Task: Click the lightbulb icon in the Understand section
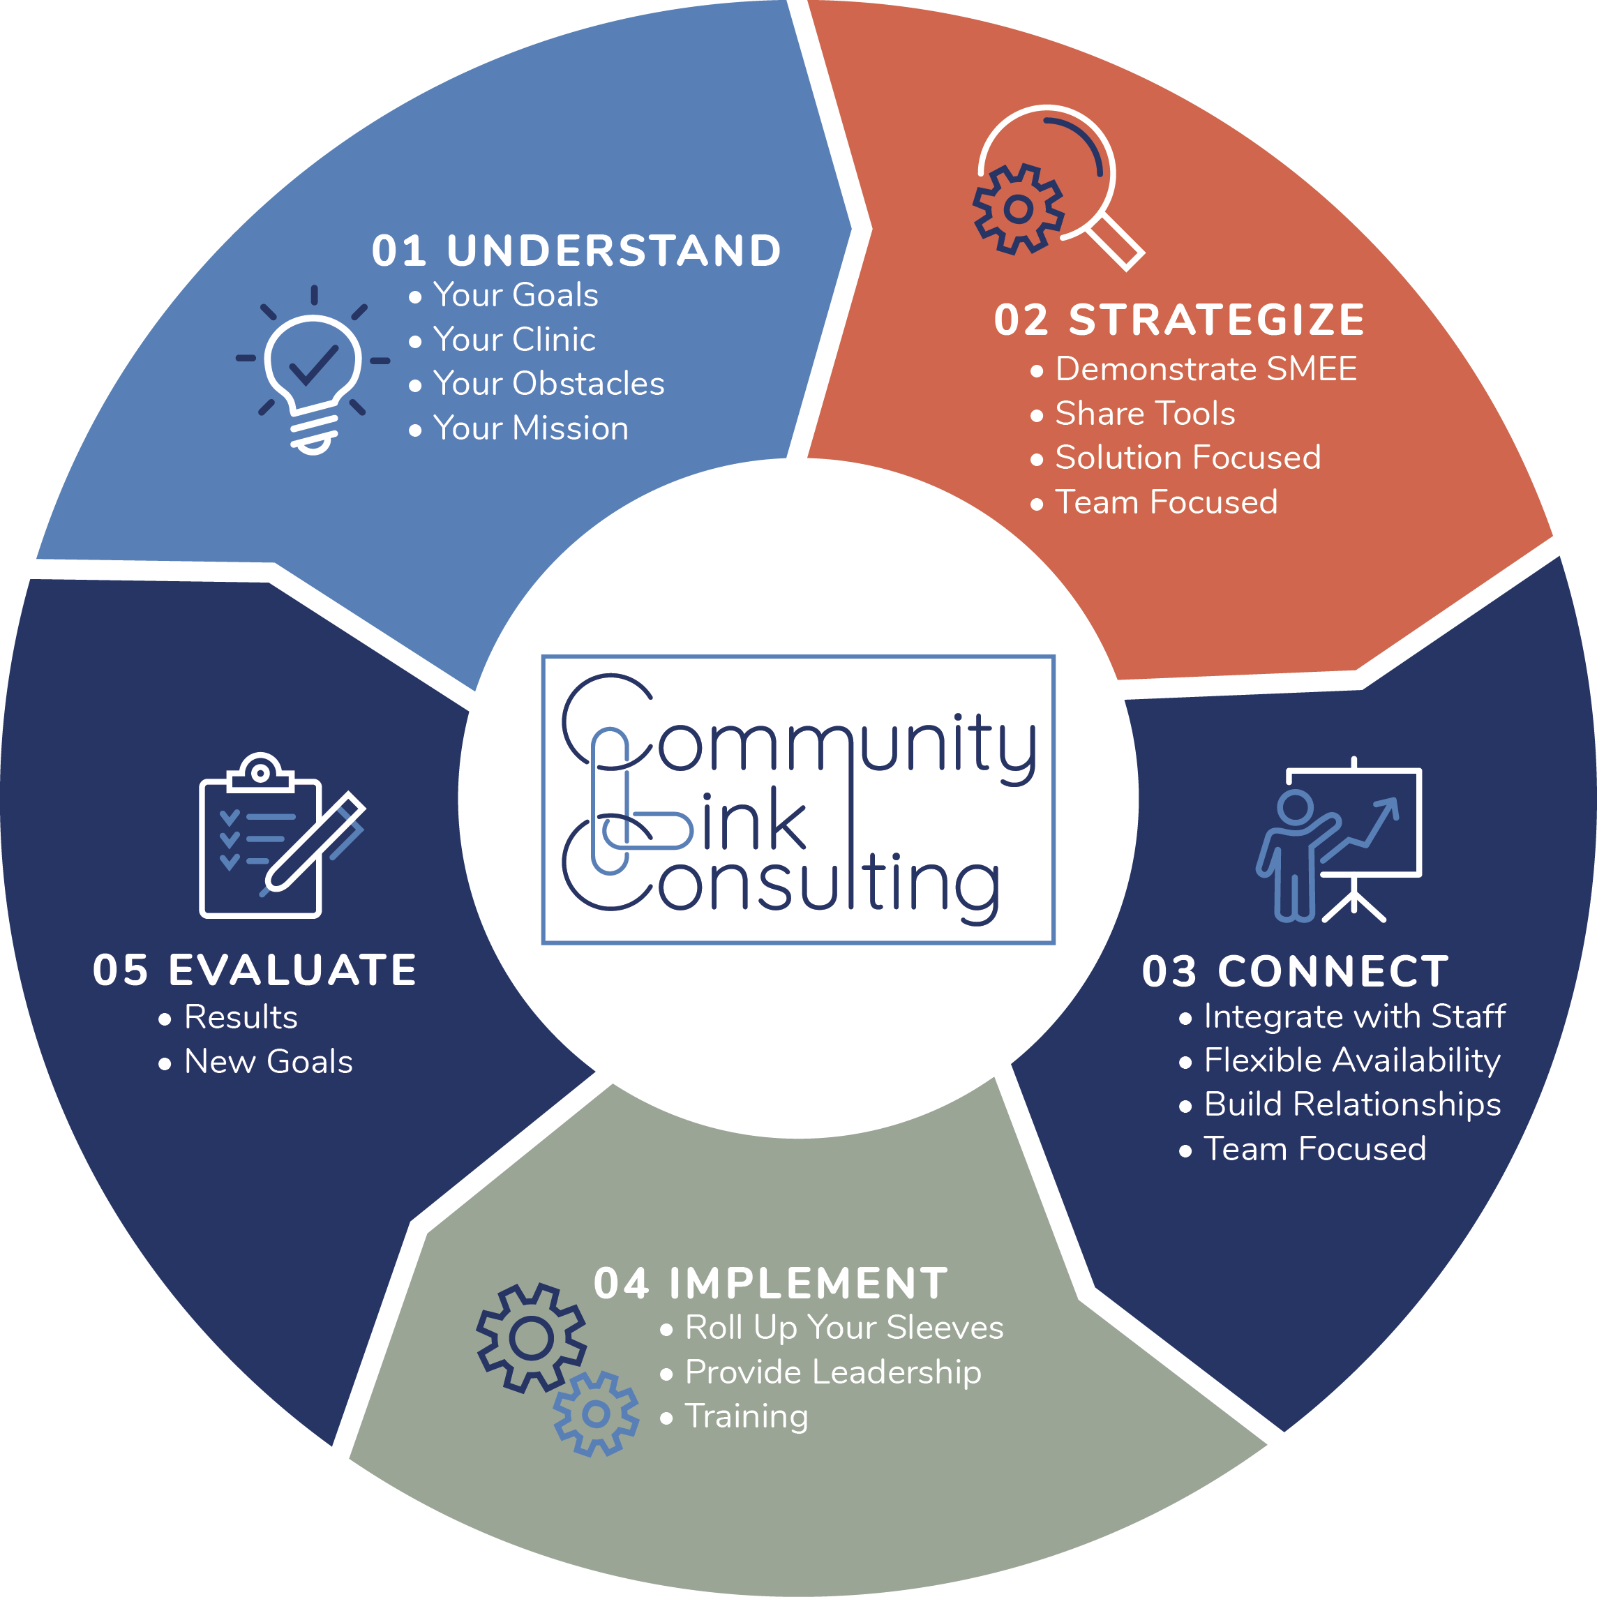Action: click(x=313, y=372)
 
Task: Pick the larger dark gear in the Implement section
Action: click(x=531, y=1337)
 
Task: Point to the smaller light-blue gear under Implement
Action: click(x=596, y=1414)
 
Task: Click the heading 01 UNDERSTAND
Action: click(x=576, y=250)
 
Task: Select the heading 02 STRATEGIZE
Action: click(x=1179, y=320)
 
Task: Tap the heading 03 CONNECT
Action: click(x=1296, y=971)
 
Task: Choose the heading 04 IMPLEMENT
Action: click(x=770, y=1284)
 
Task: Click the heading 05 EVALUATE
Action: click(x=255, y=970)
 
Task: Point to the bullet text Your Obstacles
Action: click(x=548, y=384)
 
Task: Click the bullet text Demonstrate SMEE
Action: click(x=1206, y=368)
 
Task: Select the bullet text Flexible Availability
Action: click(x=1351, y=1060)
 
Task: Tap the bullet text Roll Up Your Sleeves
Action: click(x=844, y=1328)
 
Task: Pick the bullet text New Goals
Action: click(x=269, y=1061)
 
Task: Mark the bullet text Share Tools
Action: click(x=1145, y=413)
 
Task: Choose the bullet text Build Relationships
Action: click(x=1352, y=1104)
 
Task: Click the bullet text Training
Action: click(x=747, y=1416)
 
